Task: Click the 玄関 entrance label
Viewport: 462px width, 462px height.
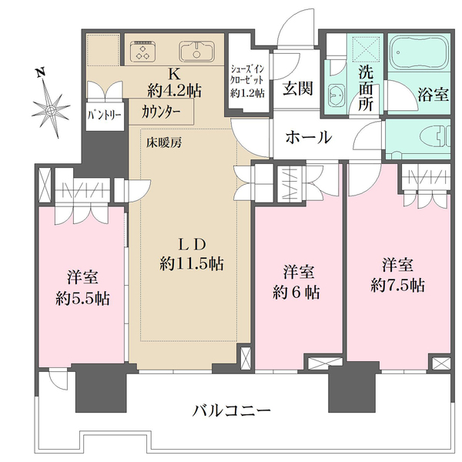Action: coord(296,89)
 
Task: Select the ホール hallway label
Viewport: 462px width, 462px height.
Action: coord(308,138)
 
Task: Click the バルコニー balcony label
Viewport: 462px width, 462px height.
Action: coord(231,410)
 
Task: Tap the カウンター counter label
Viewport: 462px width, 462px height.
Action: coord(162,111)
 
